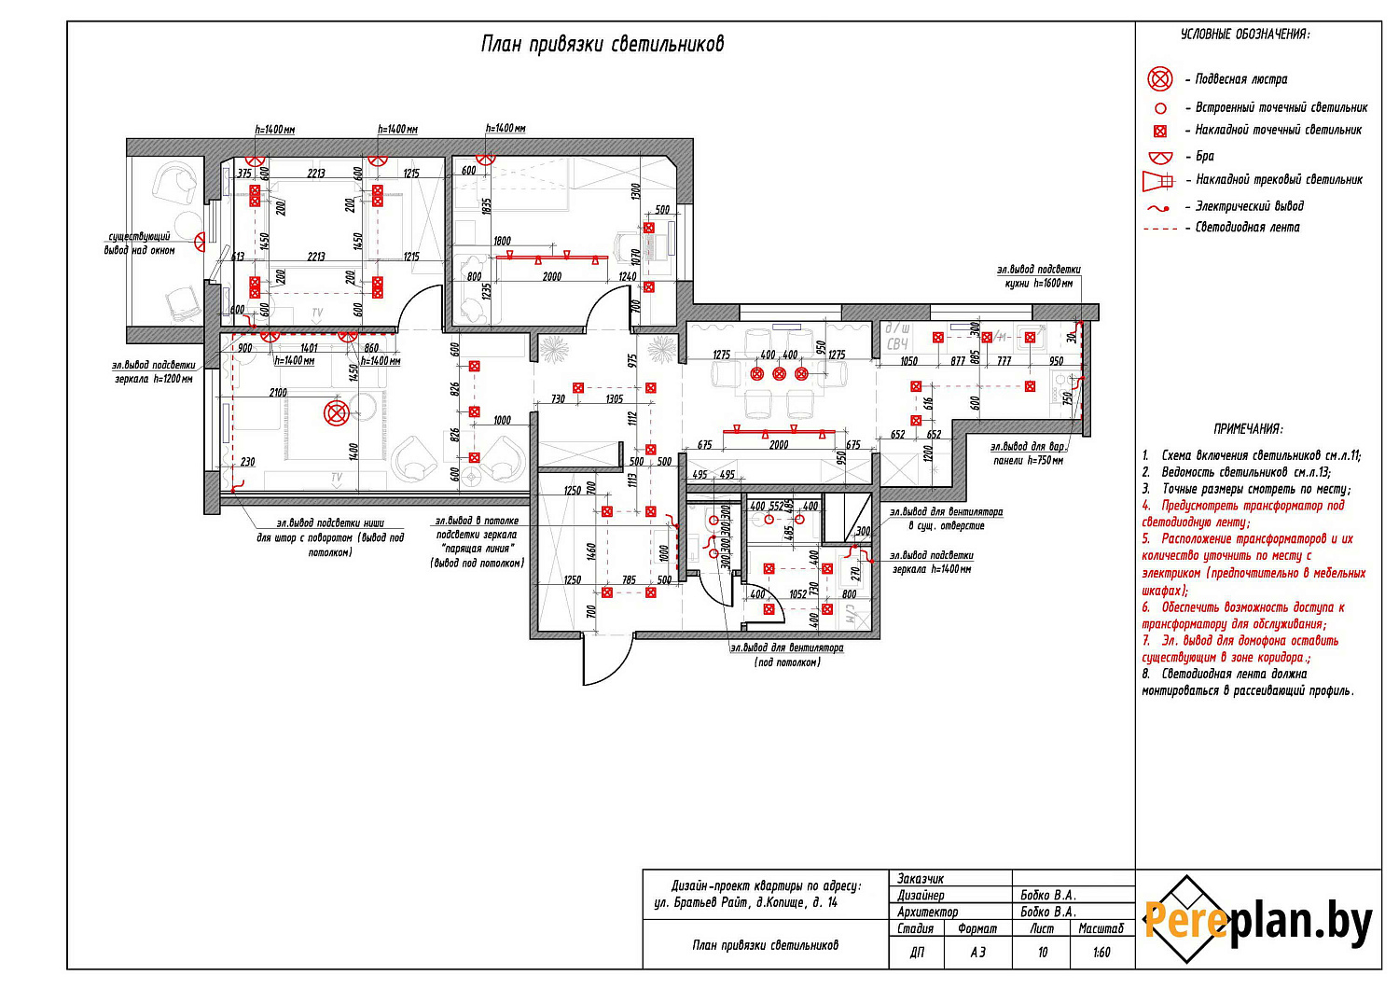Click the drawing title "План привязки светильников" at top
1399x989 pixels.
[602, 44]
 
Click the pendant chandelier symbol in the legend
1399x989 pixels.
[1159, 78]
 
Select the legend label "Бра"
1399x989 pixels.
[1205, 156]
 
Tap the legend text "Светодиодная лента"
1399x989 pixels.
[1247, 227]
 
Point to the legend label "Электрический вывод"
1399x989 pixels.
[1249, 205]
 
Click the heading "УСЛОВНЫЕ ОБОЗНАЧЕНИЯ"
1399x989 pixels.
[1244, 34]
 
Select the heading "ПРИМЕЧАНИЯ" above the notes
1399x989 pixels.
[1248, 429]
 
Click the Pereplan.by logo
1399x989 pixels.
[1258, 920]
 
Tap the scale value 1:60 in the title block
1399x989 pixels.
[1101, 953]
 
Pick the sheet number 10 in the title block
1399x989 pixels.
[1043, 953]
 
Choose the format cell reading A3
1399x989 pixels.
[977, 953]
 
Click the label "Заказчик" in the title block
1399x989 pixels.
[921, 879]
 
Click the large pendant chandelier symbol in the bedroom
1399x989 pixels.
[336, 412]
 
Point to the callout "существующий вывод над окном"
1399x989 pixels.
[139, 244]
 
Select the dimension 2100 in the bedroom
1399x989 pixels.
[278, 393]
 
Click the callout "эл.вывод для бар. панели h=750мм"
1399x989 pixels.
[1028, 453]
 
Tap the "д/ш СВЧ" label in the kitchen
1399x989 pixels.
[897, 337]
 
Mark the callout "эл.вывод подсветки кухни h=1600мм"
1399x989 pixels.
[1038, 276]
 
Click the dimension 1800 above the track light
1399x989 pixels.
[502, 241]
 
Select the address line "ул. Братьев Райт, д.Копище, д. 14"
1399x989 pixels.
[746, 902]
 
